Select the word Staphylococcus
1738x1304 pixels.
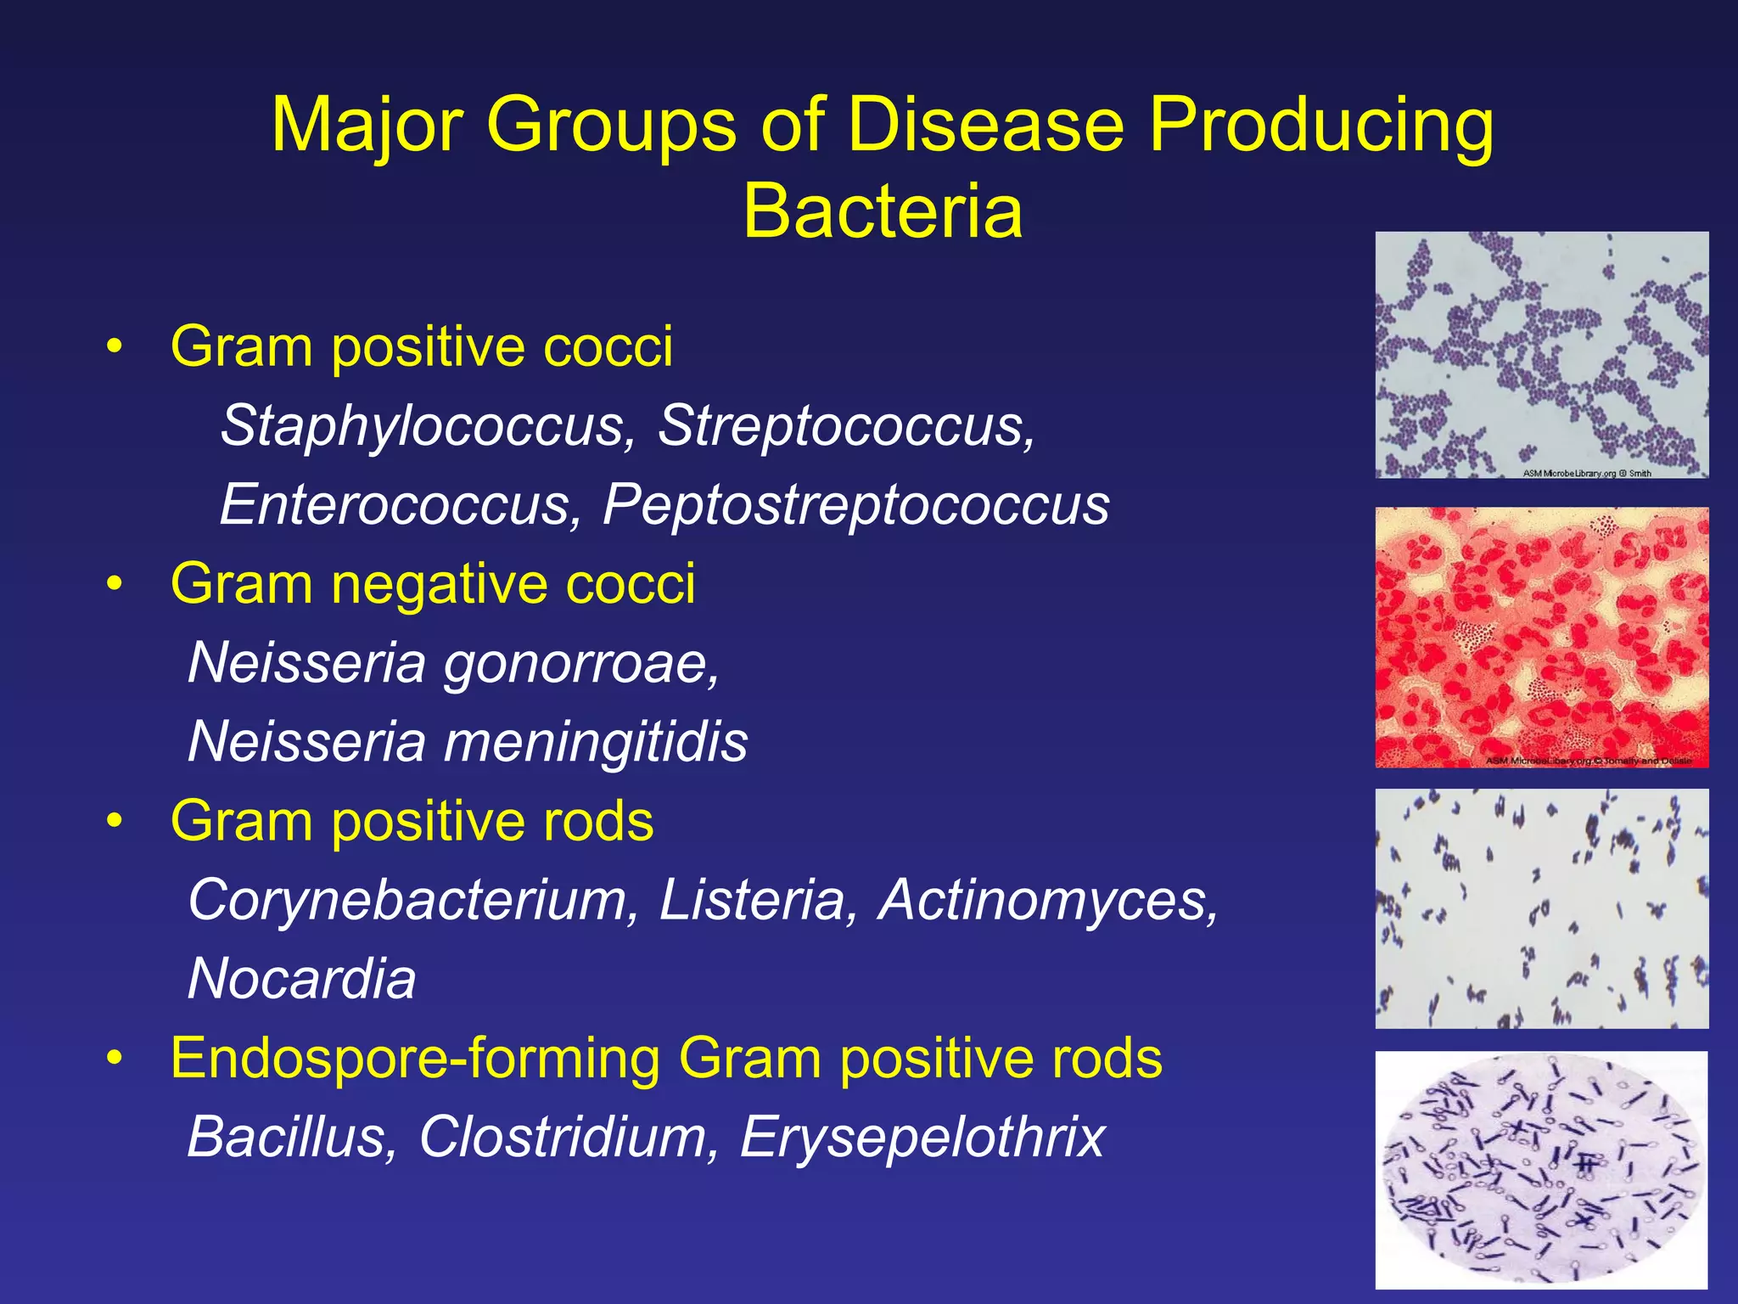coord(423,425)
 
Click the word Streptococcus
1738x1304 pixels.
coord(845,425)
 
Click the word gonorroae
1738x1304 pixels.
coord(581,663)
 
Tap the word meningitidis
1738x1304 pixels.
coord(596,741)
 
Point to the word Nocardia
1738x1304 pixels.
coord(302,979)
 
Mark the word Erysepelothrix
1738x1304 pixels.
coord(922,1138)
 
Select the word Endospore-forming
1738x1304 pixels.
coord(413,1059)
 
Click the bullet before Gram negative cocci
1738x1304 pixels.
coord(115,585)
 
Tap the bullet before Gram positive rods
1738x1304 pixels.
coord(115,822)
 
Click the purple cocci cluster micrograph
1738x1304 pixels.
coord(1541,355)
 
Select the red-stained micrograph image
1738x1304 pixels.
coord(1541,638)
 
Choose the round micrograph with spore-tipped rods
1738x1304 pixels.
coord(1541,1169)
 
